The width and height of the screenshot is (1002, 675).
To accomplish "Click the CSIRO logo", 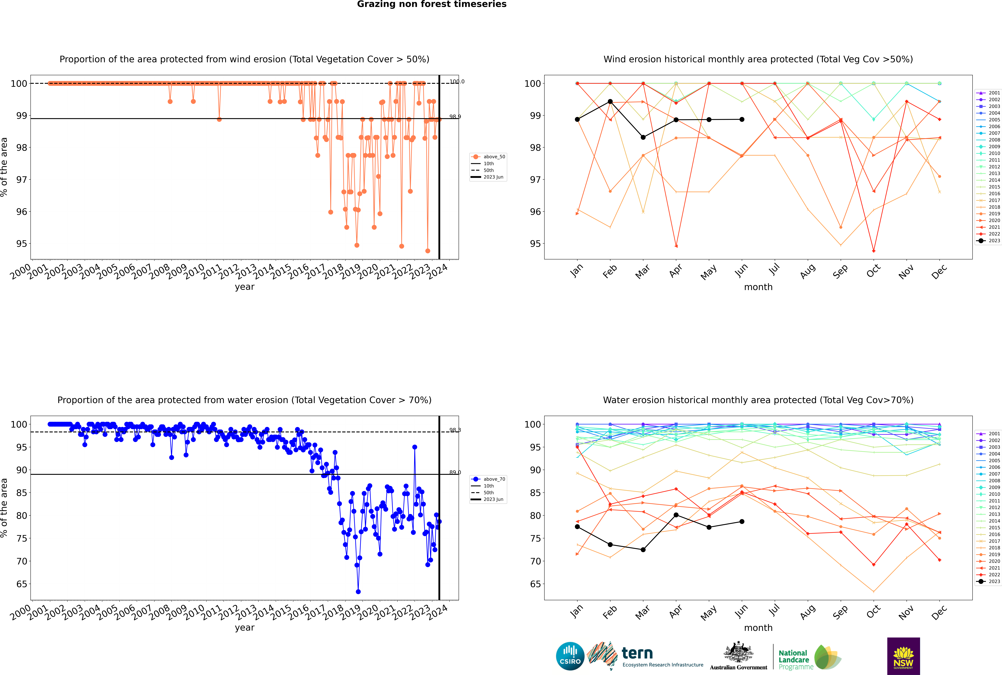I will point(570,657).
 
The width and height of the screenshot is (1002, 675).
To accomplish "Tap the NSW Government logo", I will point(903,656).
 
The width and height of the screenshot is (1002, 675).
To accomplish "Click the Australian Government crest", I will point(738,654).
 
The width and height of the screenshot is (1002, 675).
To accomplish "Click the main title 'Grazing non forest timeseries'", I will point(432,4).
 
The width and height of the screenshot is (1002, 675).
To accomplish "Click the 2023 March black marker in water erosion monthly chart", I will point(643,550).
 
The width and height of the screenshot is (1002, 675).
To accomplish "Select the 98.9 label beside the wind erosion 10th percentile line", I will point(455,117).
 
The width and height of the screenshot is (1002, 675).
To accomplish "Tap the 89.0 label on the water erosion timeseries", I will point(455,472).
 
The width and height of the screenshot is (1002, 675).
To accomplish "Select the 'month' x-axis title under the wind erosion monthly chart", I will point(758,287).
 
